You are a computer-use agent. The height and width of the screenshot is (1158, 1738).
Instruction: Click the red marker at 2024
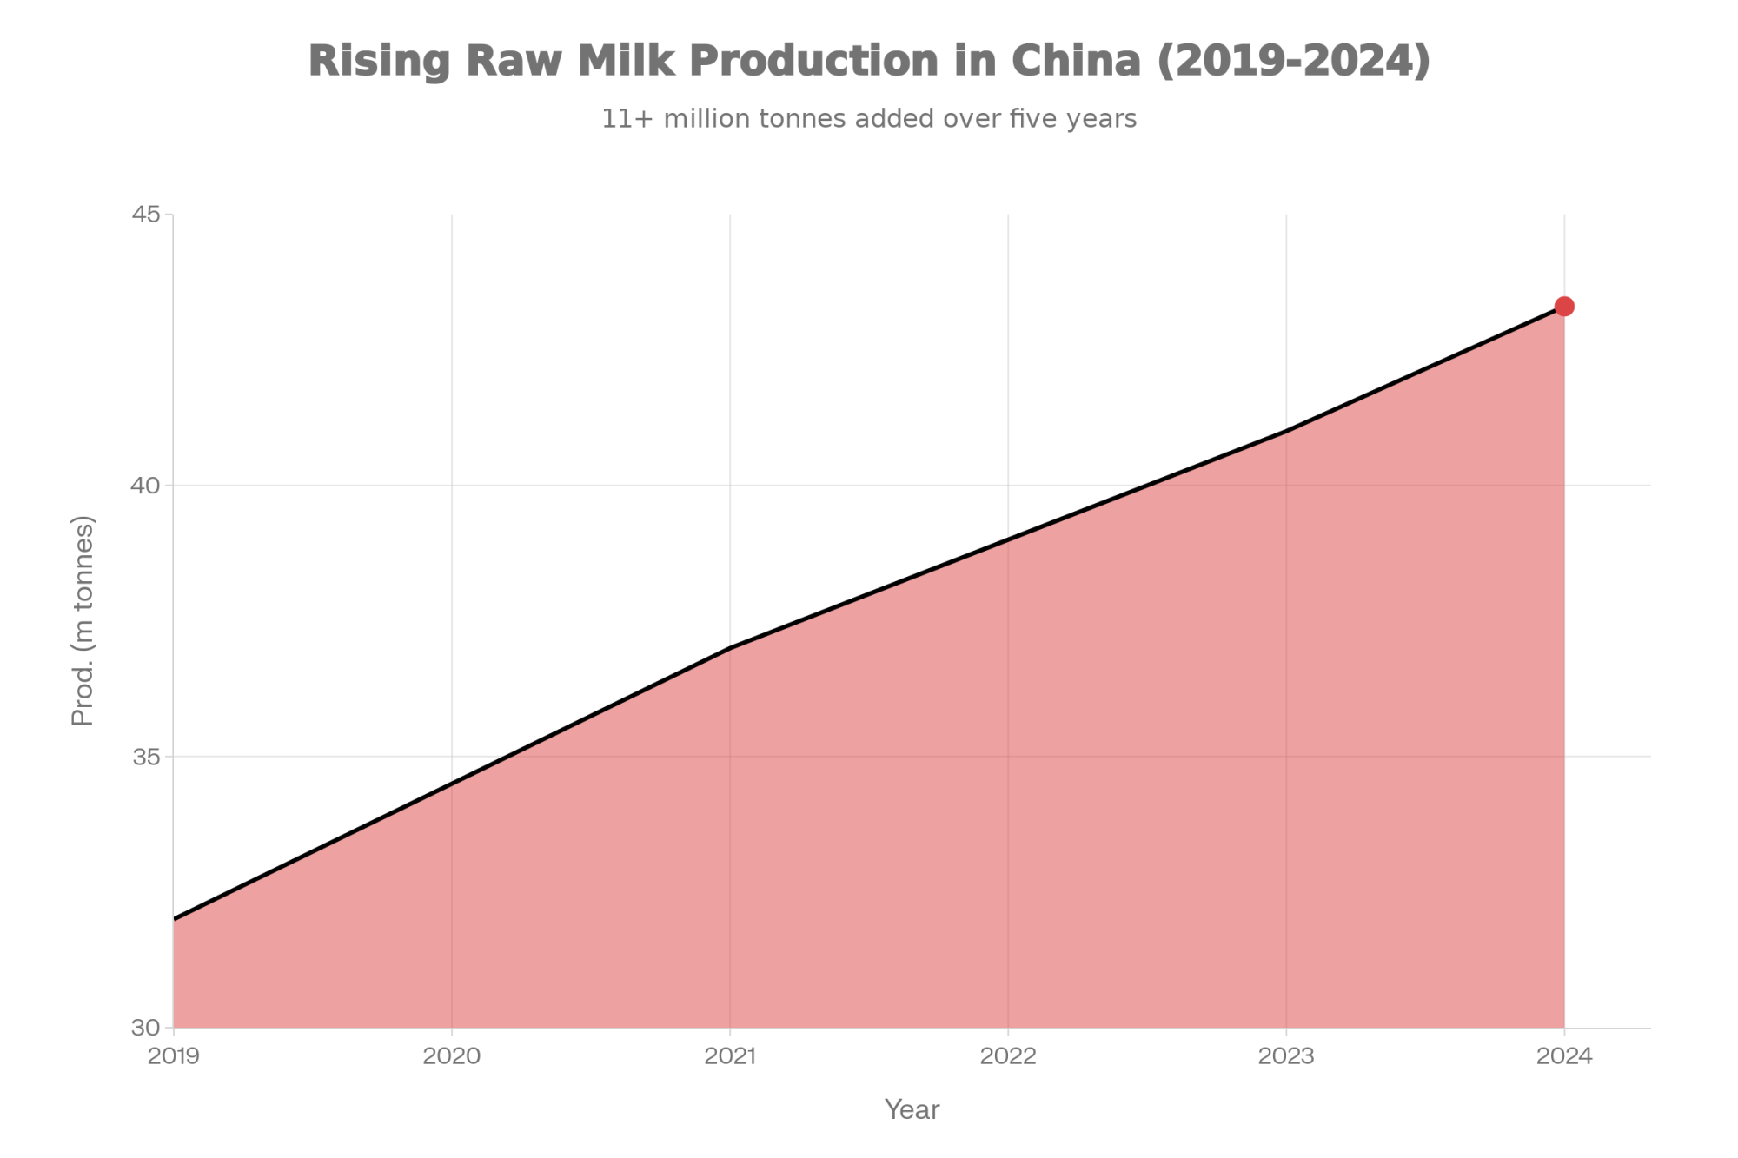(1564, 306)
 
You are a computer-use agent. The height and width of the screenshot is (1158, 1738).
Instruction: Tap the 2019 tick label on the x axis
(174, 1055)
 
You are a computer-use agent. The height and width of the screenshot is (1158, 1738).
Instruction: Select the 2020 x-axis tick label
(452, 1055)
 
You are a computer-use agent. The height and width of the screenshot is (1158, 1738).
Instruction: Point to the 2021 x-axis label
(730, 1055)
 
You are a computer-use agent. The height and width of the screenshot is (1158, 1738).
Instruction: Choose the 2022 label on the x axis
(1008, 1055)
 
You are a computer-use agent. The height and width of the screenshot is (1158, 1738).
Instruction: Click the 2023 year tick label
(1286, 1055)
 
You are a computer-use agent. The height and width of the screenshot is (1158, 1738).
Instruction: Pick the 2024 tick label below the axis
(1564, 1055)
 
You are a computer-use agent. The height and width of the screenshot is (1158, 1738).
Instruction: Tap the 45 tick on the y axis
(147, 214)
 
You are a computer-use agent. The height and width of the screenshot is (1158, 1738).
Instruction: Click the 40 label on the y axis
(147, 485)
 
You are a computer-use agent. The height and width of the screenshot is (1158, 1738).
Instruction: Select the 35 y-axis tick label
(147, 757)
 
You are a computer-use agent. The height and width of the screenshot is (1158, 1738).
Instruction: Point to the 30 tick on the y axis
(147, 1028)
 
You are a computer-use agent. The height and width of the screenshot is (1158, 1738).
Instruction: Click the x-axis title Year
(912, 1109)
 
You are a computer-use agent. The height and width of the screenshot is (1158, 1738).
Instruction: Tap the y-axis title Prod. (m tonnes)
(83, 620)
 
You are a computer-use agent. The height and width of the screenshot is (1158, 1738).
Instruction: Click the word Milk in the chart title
(626, 62)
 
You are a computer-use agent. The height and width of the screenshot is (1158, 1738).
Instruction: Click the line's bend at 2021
(730, 648)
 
